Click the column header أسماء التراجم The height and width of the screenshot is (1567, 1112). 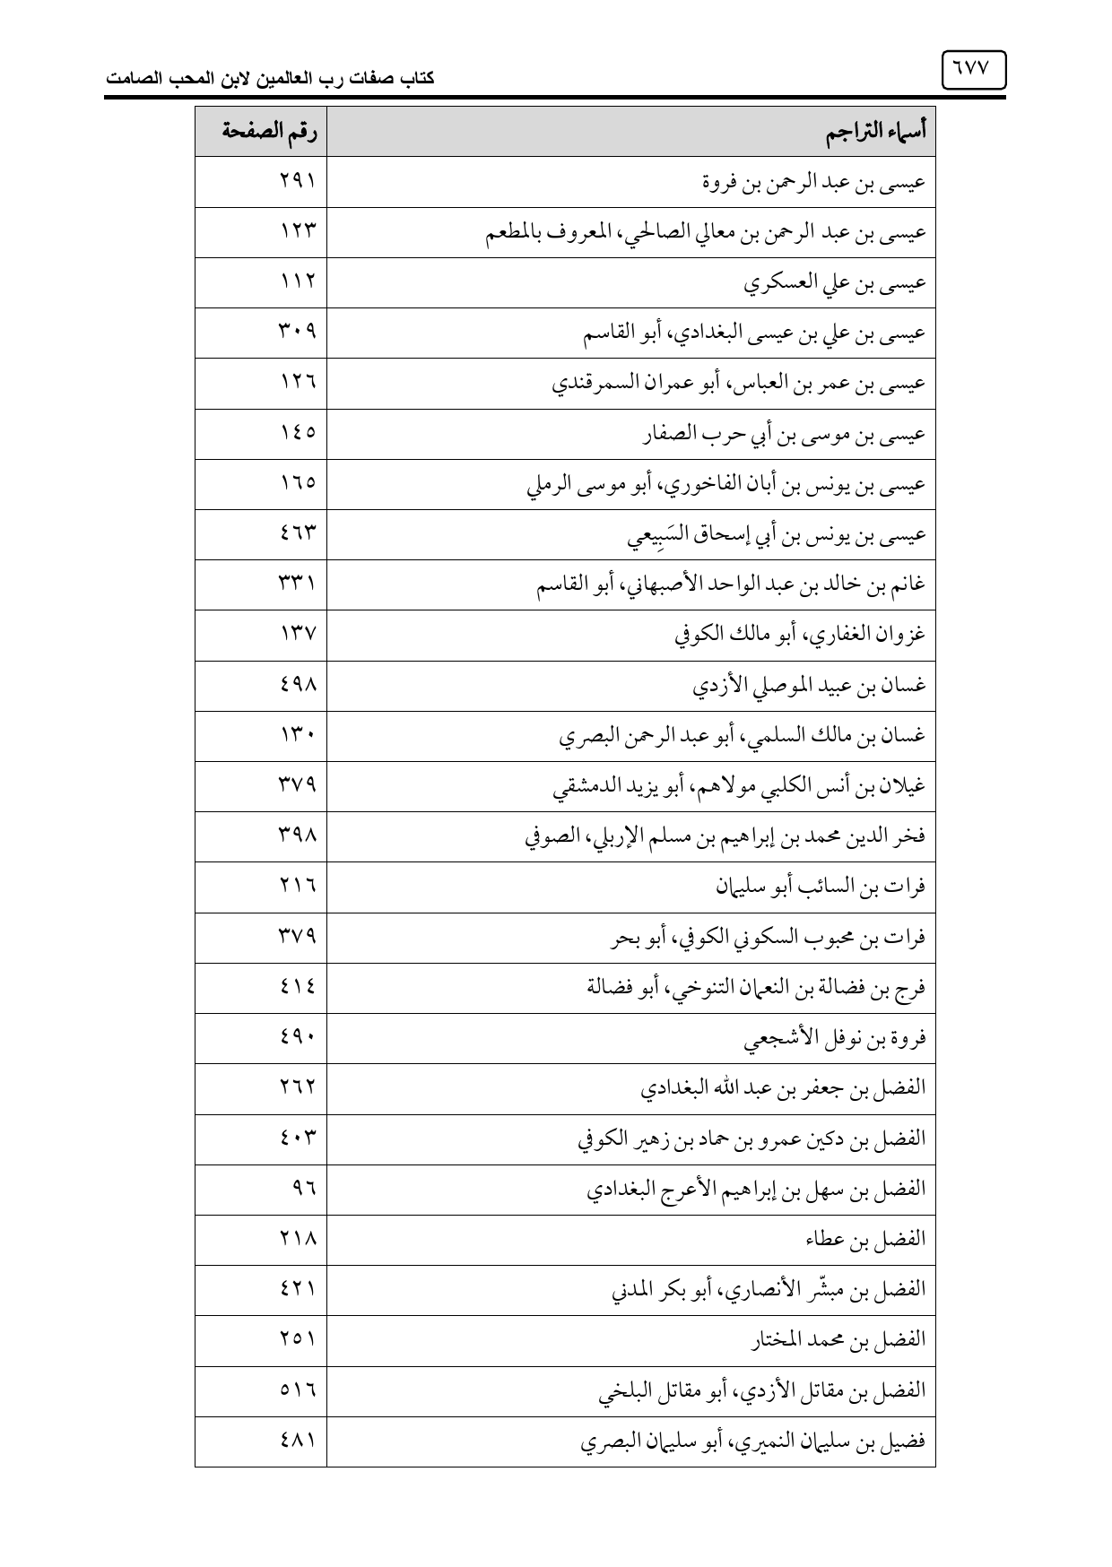coord(875,133)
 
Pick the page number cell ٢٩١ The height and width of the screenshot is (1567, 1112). coord(297,183)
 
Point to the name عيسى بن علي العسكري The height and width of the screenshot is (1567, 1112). coord(835,283)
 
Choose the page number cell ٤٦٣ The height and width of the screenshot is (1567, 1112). coord(297,535)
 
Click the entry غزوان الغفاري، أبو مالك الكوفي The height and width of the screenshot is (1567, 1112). coord(799,636)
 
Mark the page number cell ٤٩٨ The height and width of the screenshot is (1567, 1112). coord(297,686)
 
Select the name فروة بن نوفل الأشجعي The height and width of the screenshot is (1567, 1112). coord(835,1039)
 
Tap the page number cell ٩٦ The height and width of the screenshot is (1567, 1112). coord(304,1190)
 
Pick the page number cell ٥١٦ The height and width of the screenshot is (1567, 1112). coord(297,1391)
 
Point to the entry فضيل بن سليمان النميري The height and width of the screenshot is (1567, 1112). coord(752,1441)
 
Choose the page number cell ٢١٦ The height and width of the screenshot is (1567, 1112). coord(297,887)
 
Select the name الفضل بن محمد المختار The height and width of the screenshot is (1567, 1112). coord(838,1341)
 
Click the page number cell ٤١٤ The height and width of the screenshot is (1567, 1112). coord(297,988)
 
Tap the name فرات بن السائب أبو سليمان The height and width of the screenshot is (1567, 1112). coord(821,887)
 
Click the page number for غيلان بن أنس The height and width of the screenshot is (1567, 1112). coord(297,787)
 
